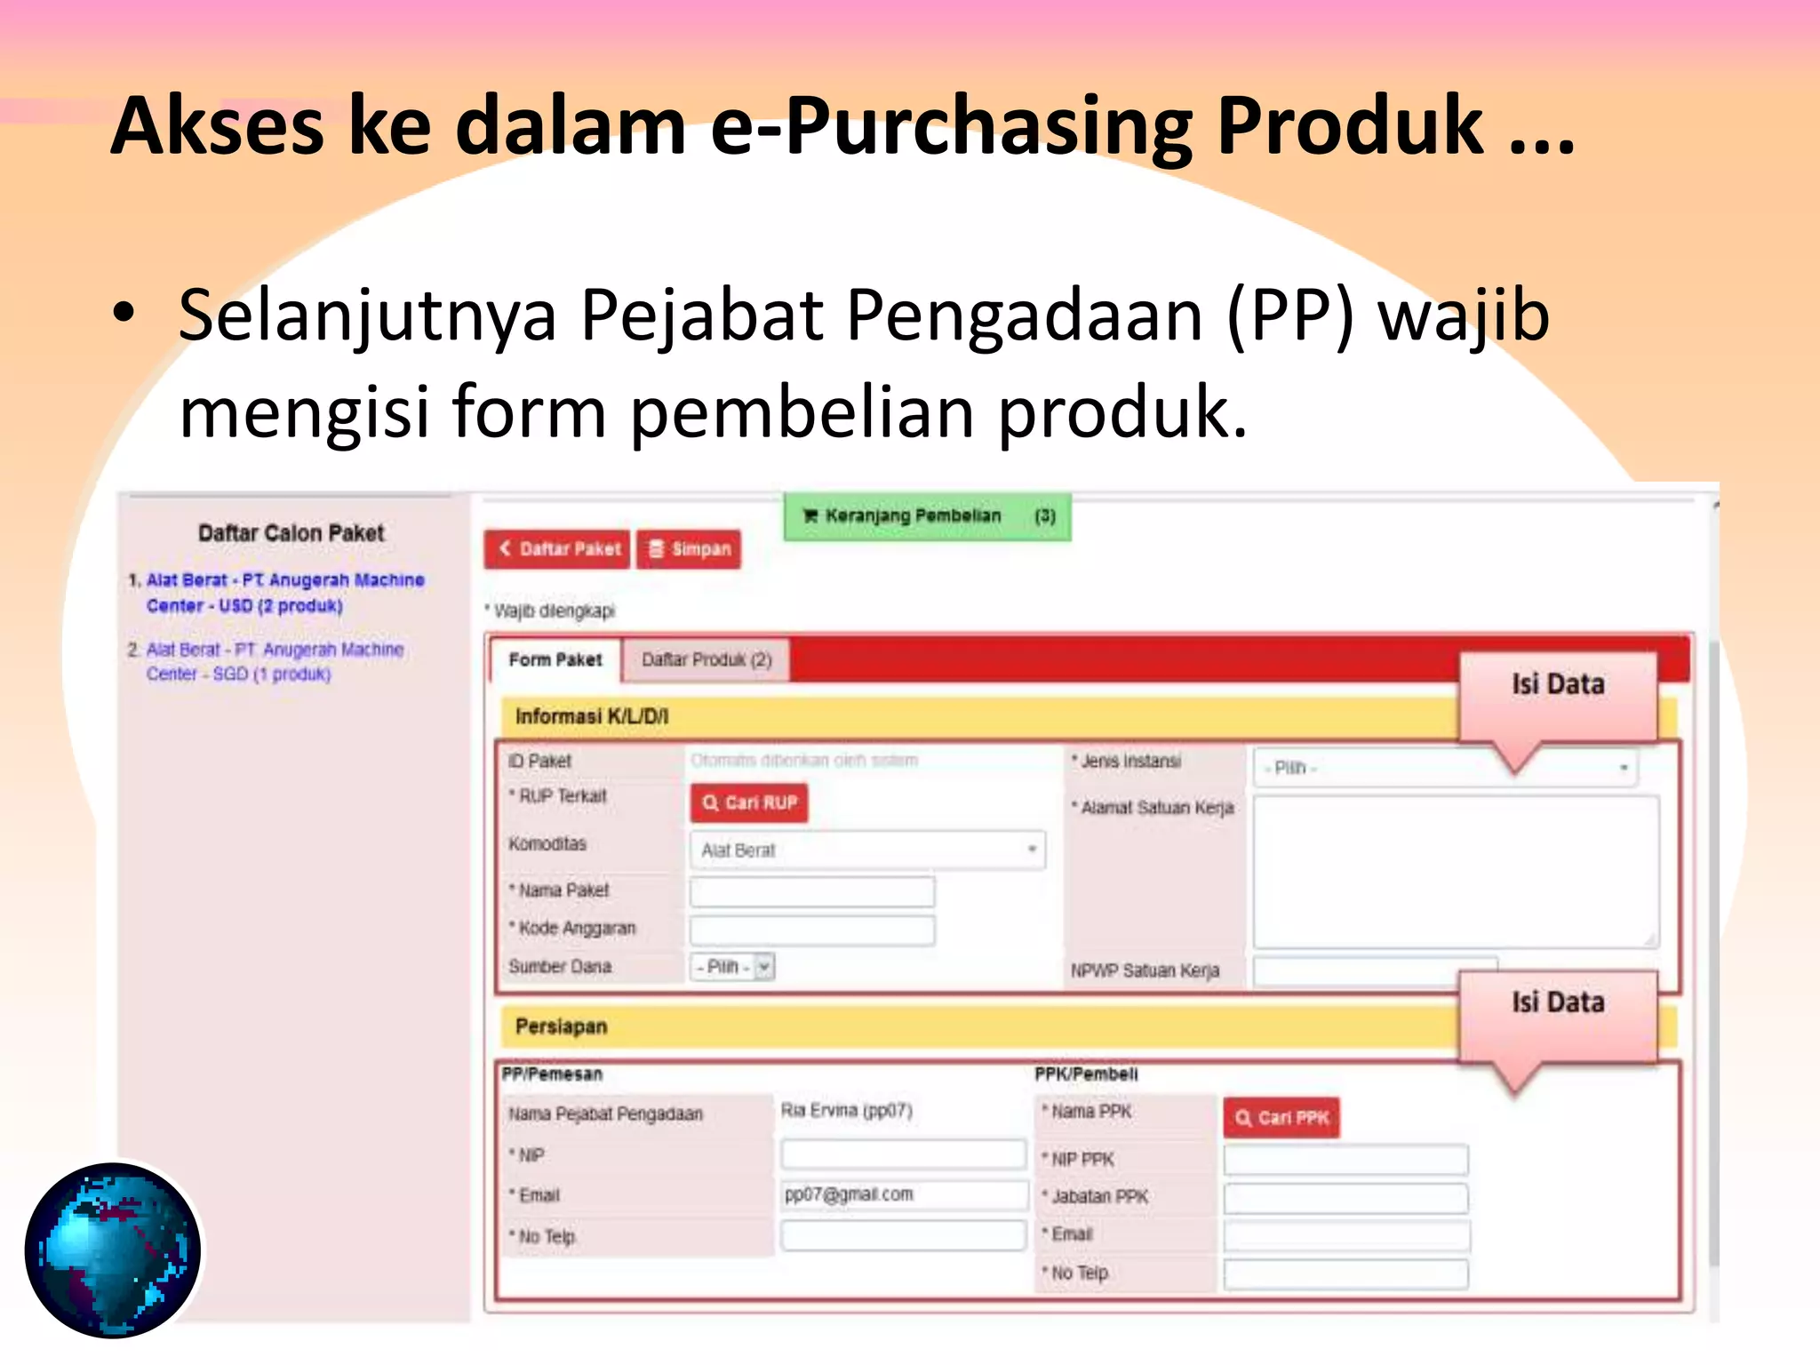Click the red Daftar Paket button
[x=557, y=548]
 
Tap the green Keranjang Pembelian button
[x=927, y=516]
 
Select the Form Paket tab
[x=555, y=660]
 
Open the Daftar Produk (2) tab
[x=706, y=660]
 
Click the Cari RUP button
[x=749, y=802]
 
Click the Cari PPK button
[x=1281, y=1118]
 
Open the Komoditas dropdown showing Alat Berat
[x=867, y=850]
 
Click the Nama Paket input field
[x=811, y=891]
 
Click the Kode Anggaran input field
[x=811, y=930]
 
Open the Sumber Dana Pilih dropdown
[x=732, y=967]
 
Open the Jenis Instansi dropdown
[x=1445, y=768]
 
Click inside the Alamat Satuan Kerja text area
[x=1455, y=871]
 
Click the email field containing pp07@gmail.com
[x=903, y=1195]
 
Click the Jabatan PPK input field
[x=1345, y=1198]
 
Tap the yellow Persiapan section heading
[x=561, y=1026]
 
